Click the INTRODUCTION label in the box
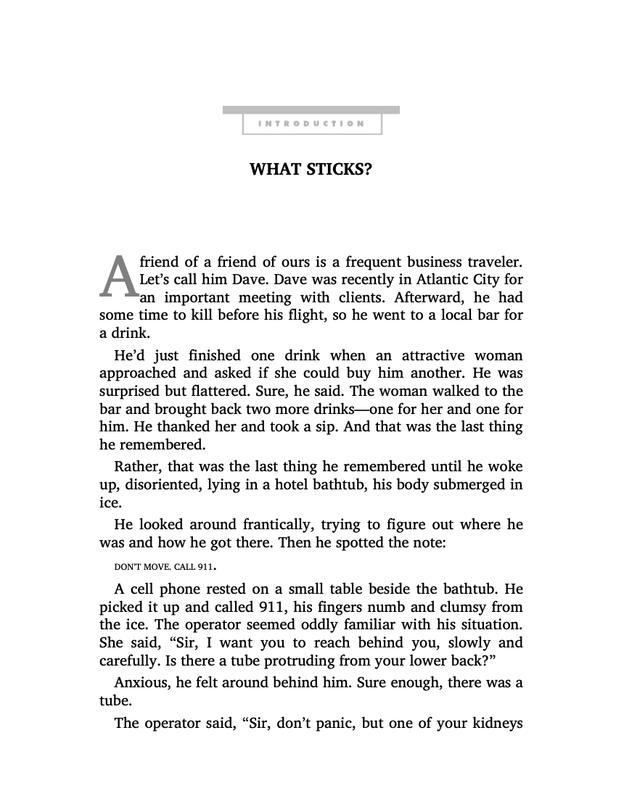[311, 123]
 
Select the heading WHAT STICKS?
[311, 170]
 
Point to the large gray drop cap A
[118, 278]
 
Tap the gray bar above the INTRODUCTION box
[311, 109]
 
